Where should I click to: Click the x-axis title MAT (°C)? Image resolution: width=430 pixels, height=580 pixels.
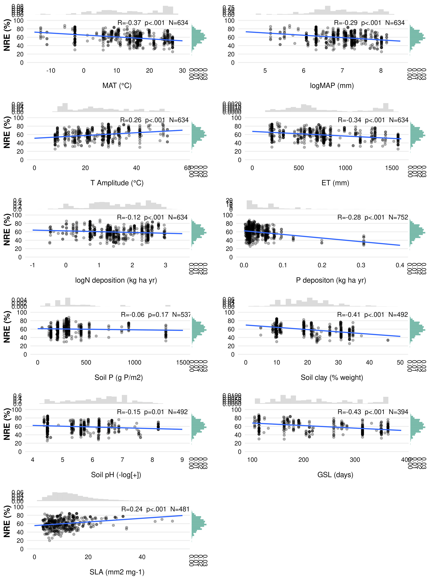117,86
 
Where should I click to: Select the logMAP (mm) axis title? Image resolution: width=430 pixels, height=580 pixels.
332,86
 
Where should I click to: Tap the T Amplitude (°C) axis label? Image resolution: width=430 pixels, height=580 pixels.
117,183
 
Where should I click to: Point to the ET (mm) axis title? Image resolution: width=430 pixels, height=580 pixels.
335,183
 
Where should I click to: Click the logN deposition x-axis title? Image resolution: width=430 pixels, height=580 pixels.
116,280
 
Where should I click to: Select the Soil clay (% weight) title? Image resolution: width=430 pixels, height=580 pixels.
332,377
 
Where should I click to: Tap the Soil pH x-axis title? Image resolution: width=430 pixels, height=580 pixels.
116,475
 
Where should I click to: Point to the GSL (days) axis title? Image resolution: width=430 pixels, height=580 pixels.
335,475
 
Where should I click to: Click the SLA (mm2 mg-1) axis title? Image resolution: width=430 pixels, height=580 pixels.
117,572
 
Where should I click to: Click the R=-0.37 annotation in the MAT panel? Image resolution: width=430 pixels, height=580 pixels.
129,23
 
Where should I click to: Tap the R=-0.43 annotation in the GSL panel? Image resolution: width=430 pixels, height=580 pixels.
349,412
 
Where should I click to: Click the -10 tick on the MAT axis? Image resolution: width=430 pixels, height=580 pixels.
51,71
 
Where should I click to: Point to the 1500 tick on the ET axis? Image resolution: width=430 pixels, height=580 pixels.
392,168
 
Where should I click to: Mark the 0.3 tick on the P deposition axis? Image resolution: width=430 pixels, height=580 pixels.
361,265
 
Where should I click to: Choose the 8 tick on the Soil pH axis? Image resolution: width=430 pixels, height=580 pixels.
152,460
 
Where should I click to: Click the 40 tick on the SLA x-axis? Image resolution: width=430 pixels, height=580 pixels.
142,557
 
